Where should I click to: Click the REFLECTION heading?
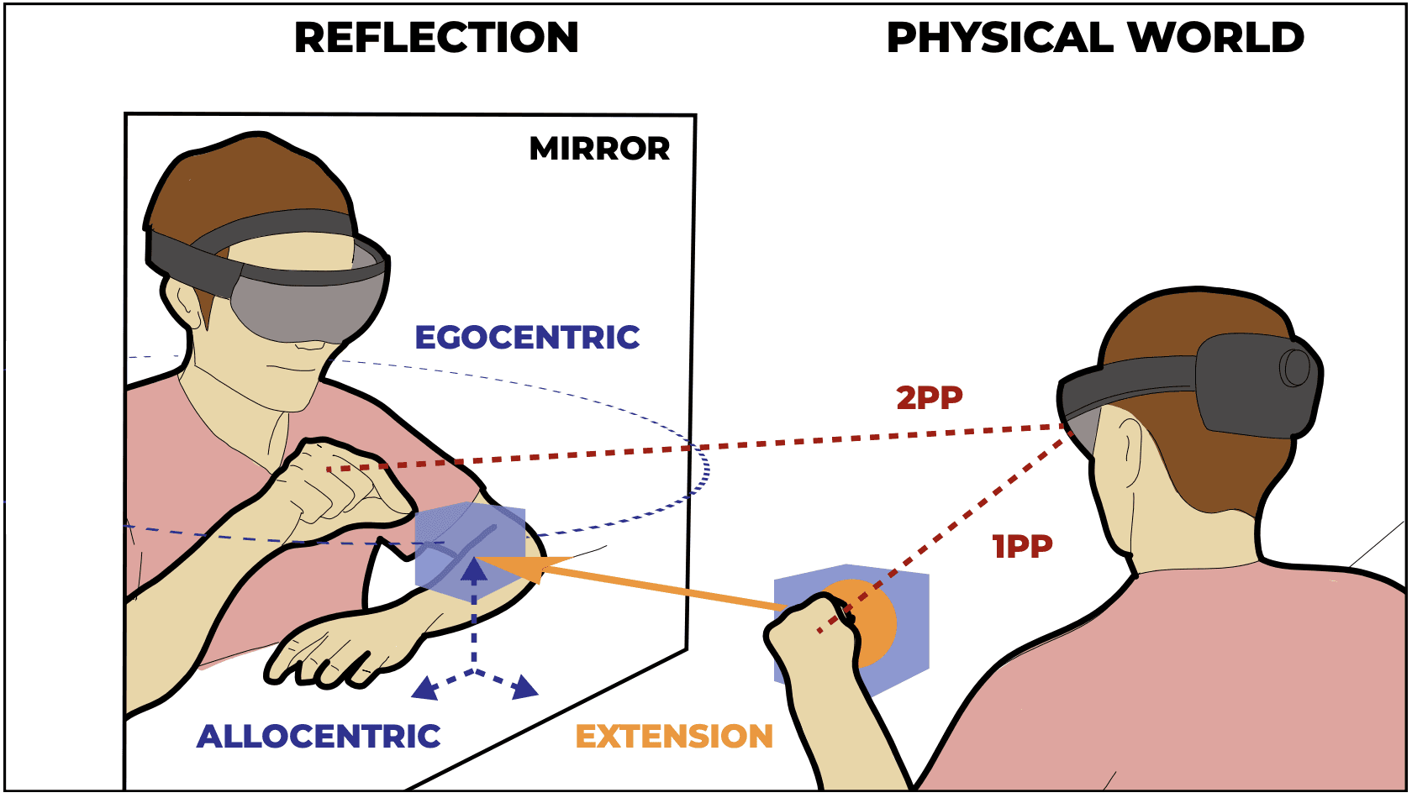pos(436,38)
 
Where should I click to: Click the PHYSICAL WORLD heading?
pos(1095,38)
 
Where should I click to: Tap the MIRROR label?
pos(599,149)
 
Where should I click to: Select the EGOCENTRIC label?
pos(527,338)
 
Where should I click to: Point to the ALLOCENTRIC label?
pos(319,737)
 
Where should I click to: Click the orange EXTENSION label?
pos(674,737)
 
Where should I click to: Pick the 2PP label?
pos(929,397)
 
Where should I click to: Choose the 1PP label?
pos(1022,547)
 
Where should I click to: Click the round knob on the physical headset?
pos(1295,367)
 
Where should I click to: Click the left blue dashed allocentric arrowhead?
pos(424,690)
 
